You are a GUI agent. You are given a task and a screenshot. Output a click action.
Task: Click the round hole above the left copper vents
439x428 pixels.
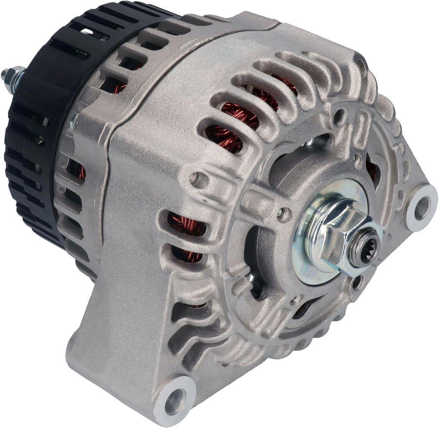(x=198, y=180)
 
